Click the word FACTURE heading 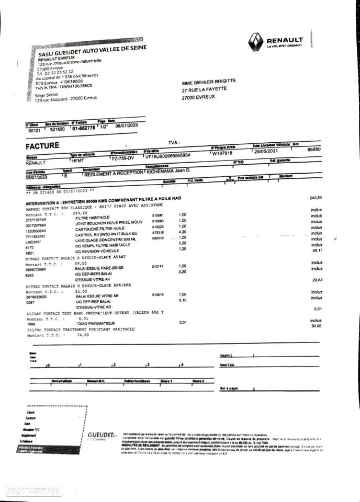42,145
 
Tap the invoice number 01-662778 84,128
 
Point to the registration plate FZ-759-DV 123,157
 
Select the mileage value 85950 314,150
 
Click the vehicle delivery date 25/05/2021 265,152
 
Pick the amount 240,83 316,198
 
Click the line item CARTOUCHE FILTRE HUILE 100,228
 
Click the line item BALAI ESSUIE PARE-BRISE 100,267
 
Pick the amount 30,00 316,326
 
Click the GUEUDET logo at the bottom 101,435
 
